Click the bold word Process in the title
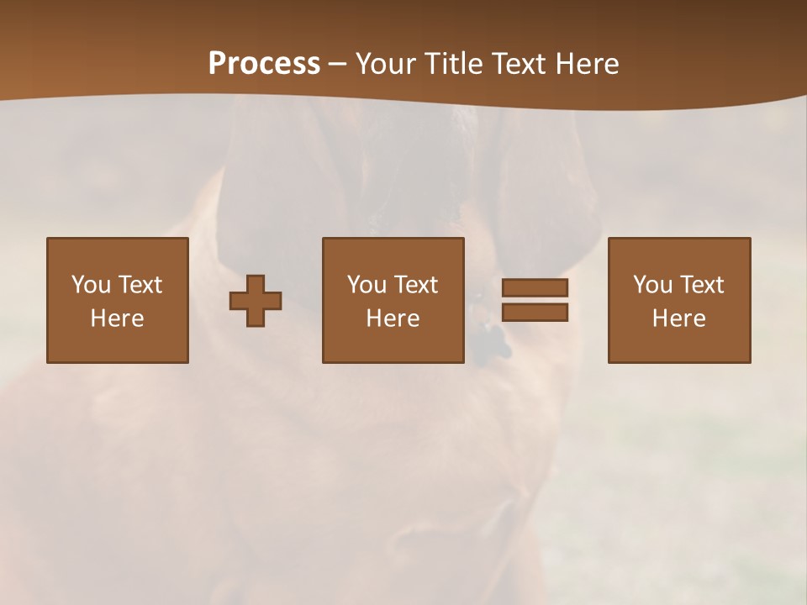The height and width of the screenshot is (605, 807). pos(264,64)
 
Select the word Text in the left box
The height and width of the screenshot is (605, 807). pos(140,285)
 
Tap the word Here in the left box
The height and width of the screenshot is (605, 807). pos(117,318)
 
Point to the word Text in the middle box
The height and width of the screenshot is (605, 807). pos(415,285)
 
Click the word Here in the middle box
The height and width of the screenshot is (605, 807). pos(393,318)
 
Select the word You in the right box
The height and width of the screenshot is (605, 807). pos(652,285)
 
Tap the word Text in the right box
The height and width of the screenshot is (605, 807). pos(701,285)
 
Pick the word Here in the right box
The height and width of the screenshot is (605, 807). pos(678,318)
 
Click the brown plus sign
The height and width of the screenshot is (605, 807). pos(256,301)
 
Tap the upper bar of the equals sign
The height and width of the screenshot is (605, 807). pos(535,287)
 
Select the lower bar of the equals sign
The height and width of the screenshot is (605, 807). pos(535,313)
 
